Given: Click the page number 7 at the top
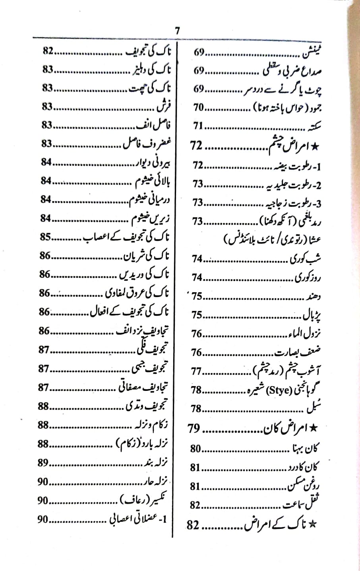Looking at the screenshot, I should coord(177,31).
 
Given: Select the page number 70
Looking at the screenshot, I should coord(199,107).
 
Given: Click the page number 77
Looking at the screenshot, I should coord(197,371).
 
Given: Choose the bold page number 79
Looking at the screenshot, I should coord(194,428).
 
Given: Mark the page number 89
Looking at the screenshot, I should coord(43,463).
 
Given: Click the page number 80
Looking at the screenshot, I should coord(195,449).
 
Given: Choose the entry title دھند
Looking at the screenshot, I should coord(313,296).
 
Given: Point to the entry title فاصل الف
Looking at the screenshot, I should coord(157,126).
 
